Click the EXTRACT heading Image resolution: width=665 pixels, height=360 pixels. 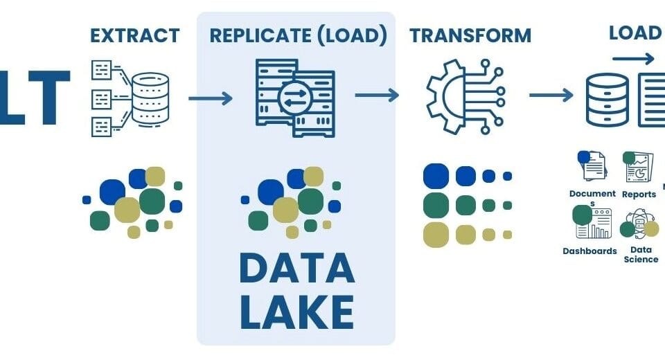134,35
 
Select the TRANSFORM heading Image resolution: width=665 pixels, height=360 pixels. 470,35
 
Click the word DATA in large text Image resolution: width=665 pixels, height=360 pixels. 296,270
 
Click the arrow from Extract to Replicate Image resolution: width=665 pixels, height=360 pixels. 211,98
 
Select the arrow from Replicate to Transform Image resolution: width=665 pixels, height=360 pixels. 377,95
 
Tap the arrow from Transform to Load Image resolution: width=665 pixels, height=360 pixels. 551,95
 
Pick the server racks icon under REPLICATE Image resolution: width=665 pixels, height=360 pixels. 294,97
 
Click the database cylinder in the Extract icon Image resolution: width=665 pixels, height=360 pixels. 150,98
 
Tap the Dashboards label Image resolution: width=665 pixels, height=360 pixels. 589,251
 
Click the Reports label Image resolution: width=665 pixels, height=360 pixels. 639,195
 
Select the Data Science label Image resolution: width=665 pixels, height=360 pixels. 641,254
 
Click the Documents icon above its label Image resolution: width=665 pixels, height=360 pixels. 592,166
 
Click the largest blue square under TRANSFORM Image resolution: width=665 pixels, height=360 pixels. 436,176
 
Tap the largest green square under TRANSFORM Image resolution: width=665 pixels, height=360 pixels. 436,205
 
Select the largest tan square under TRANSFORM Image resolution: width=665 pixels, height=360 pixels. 436,234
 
